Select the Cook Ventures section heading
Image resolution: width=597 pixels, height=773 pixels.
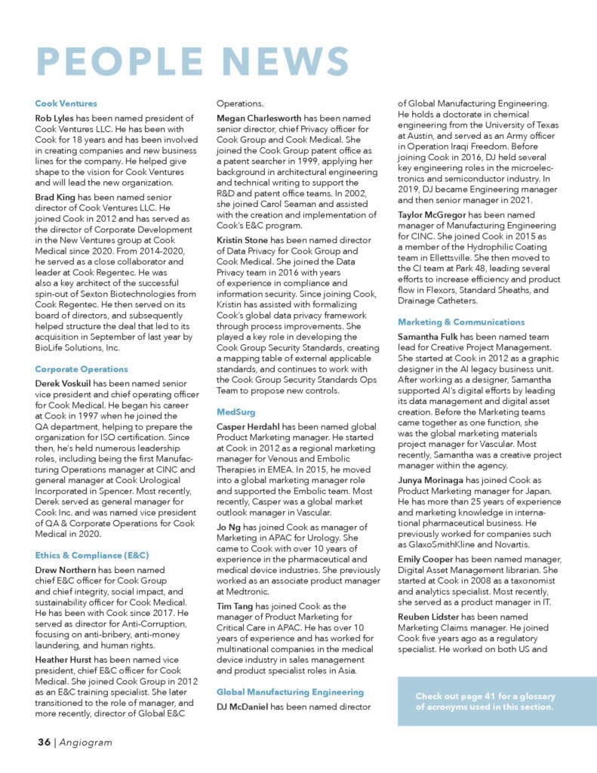(66, 103)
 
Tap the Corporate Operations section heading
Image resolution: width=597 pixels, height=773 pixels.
(82, 369)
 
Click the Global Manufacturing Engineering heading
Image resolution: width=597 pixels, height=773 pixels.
(290, 691)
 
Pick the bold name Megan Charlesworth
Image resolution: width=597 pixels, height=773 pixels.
(260, 119)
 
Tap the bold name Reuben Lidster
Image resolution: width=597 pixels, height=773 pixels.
(432, 616)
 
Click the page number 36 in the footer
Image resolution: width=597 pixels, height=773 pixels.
(43, 742)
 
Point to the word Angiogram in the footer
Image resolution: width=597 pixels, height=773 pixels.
(86, 742)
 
